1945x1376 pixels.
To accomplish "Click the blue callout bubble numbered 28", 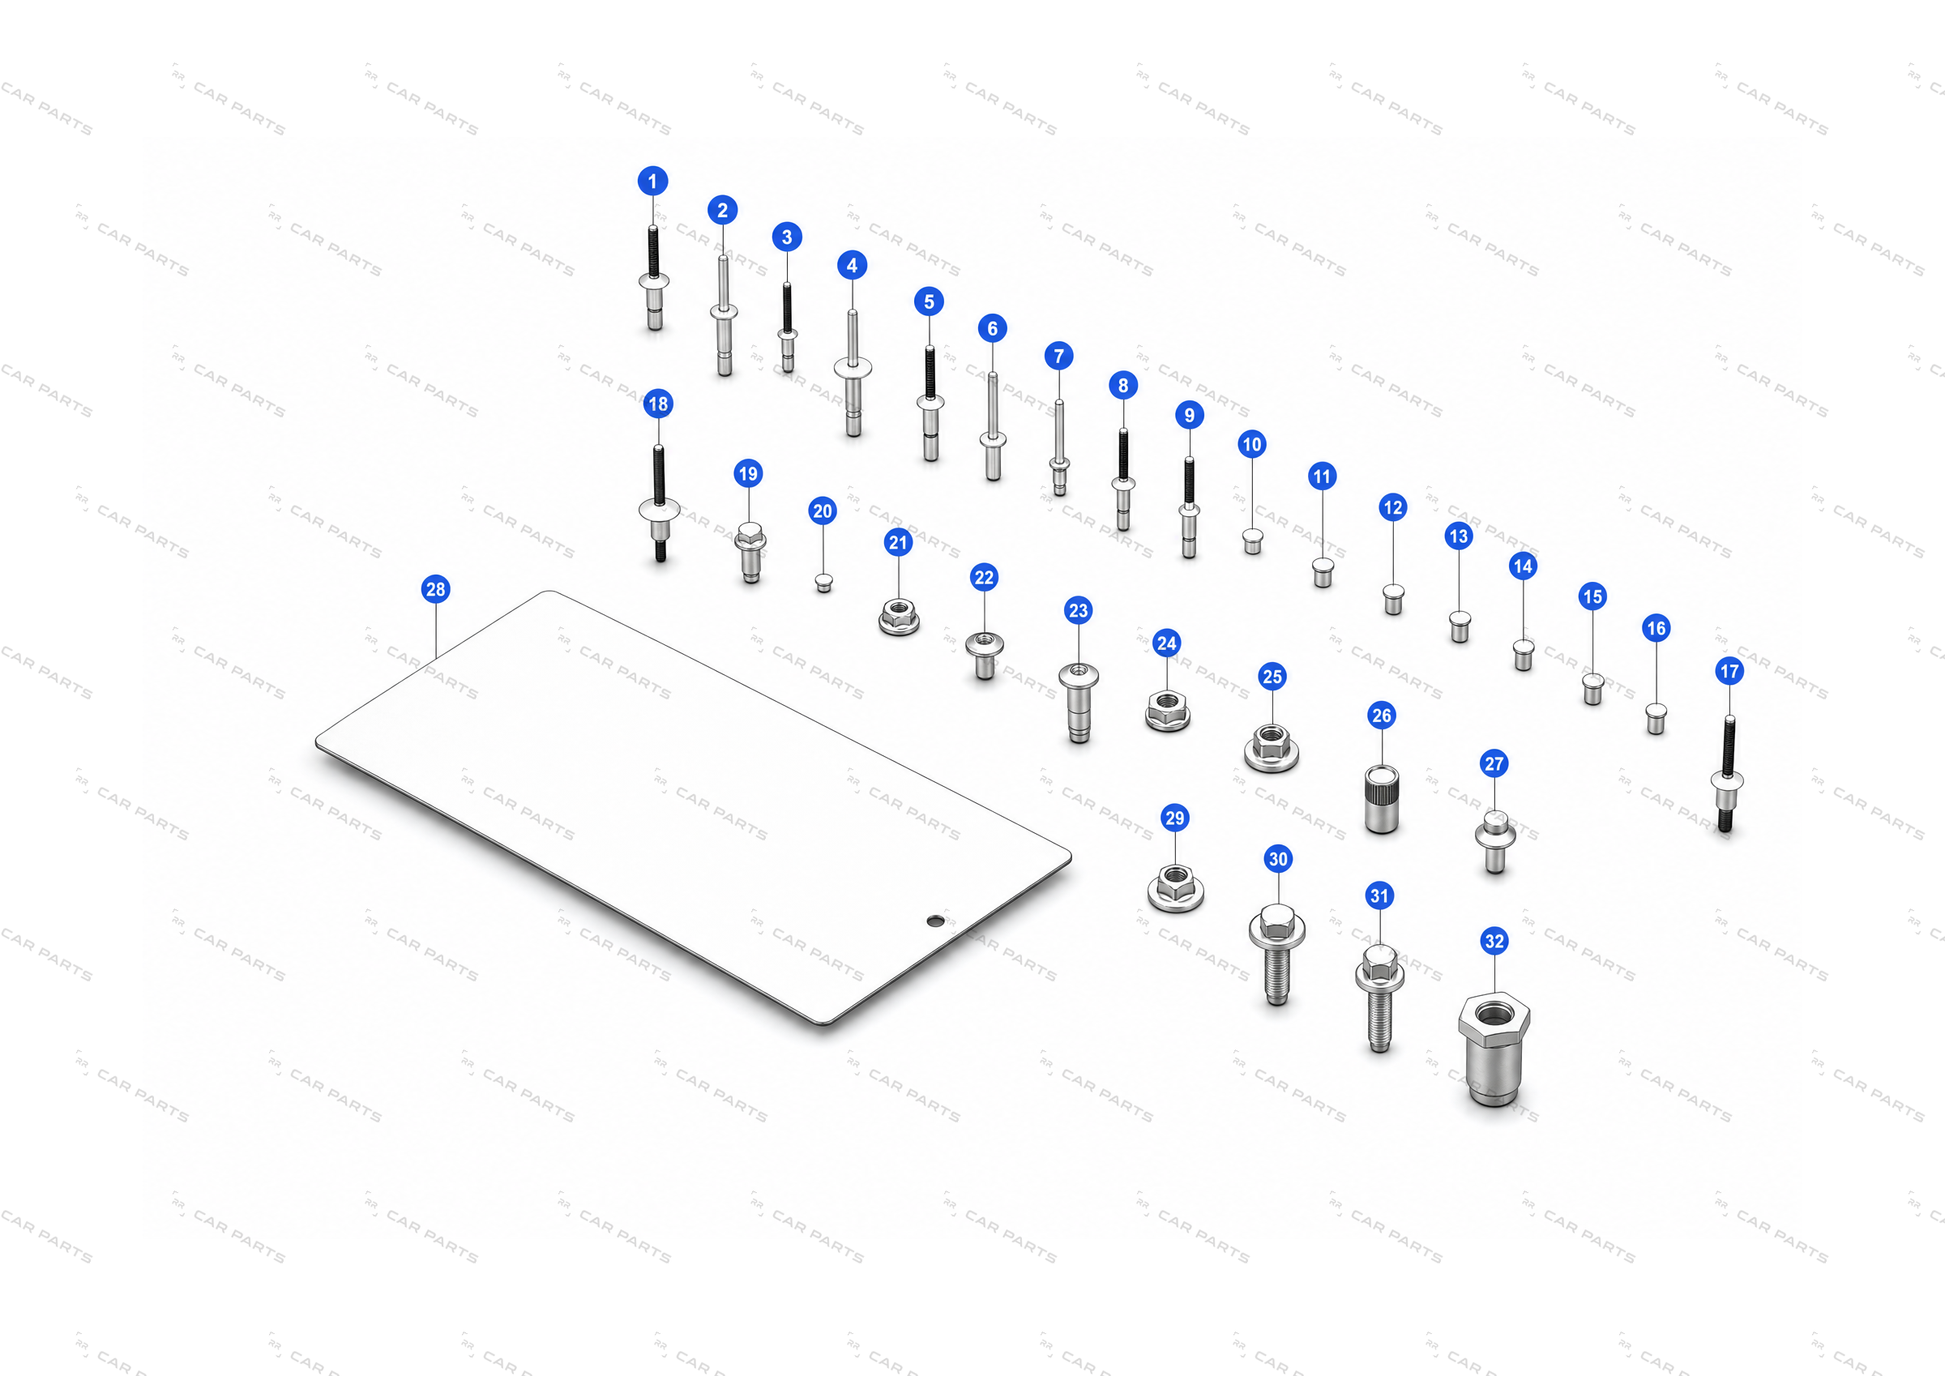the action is [x=435, y=589].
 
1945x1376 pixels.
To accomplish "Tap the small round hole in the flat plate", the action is [x=935, y=921].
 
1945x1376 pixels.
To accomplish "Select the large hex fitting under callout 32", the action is [x=1494, y=1049].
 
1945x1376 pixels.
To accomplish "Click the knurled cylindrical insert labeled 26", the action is [x=1382, y=799].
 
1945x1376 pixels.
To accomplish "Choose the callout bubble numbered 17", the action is [x=1729, y=671].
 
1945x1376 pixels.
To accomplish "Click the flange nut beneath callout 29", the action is [x=1176, y=888].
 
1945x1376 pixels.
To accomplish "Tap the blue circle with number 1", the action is [x=652, y=181].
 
